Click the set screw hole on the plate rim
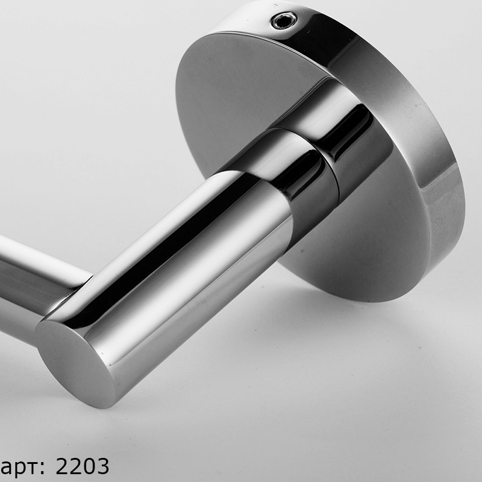pos(284,20)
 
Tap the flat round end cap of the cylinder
pos(75,363)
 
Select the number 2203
pos(83,466)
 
